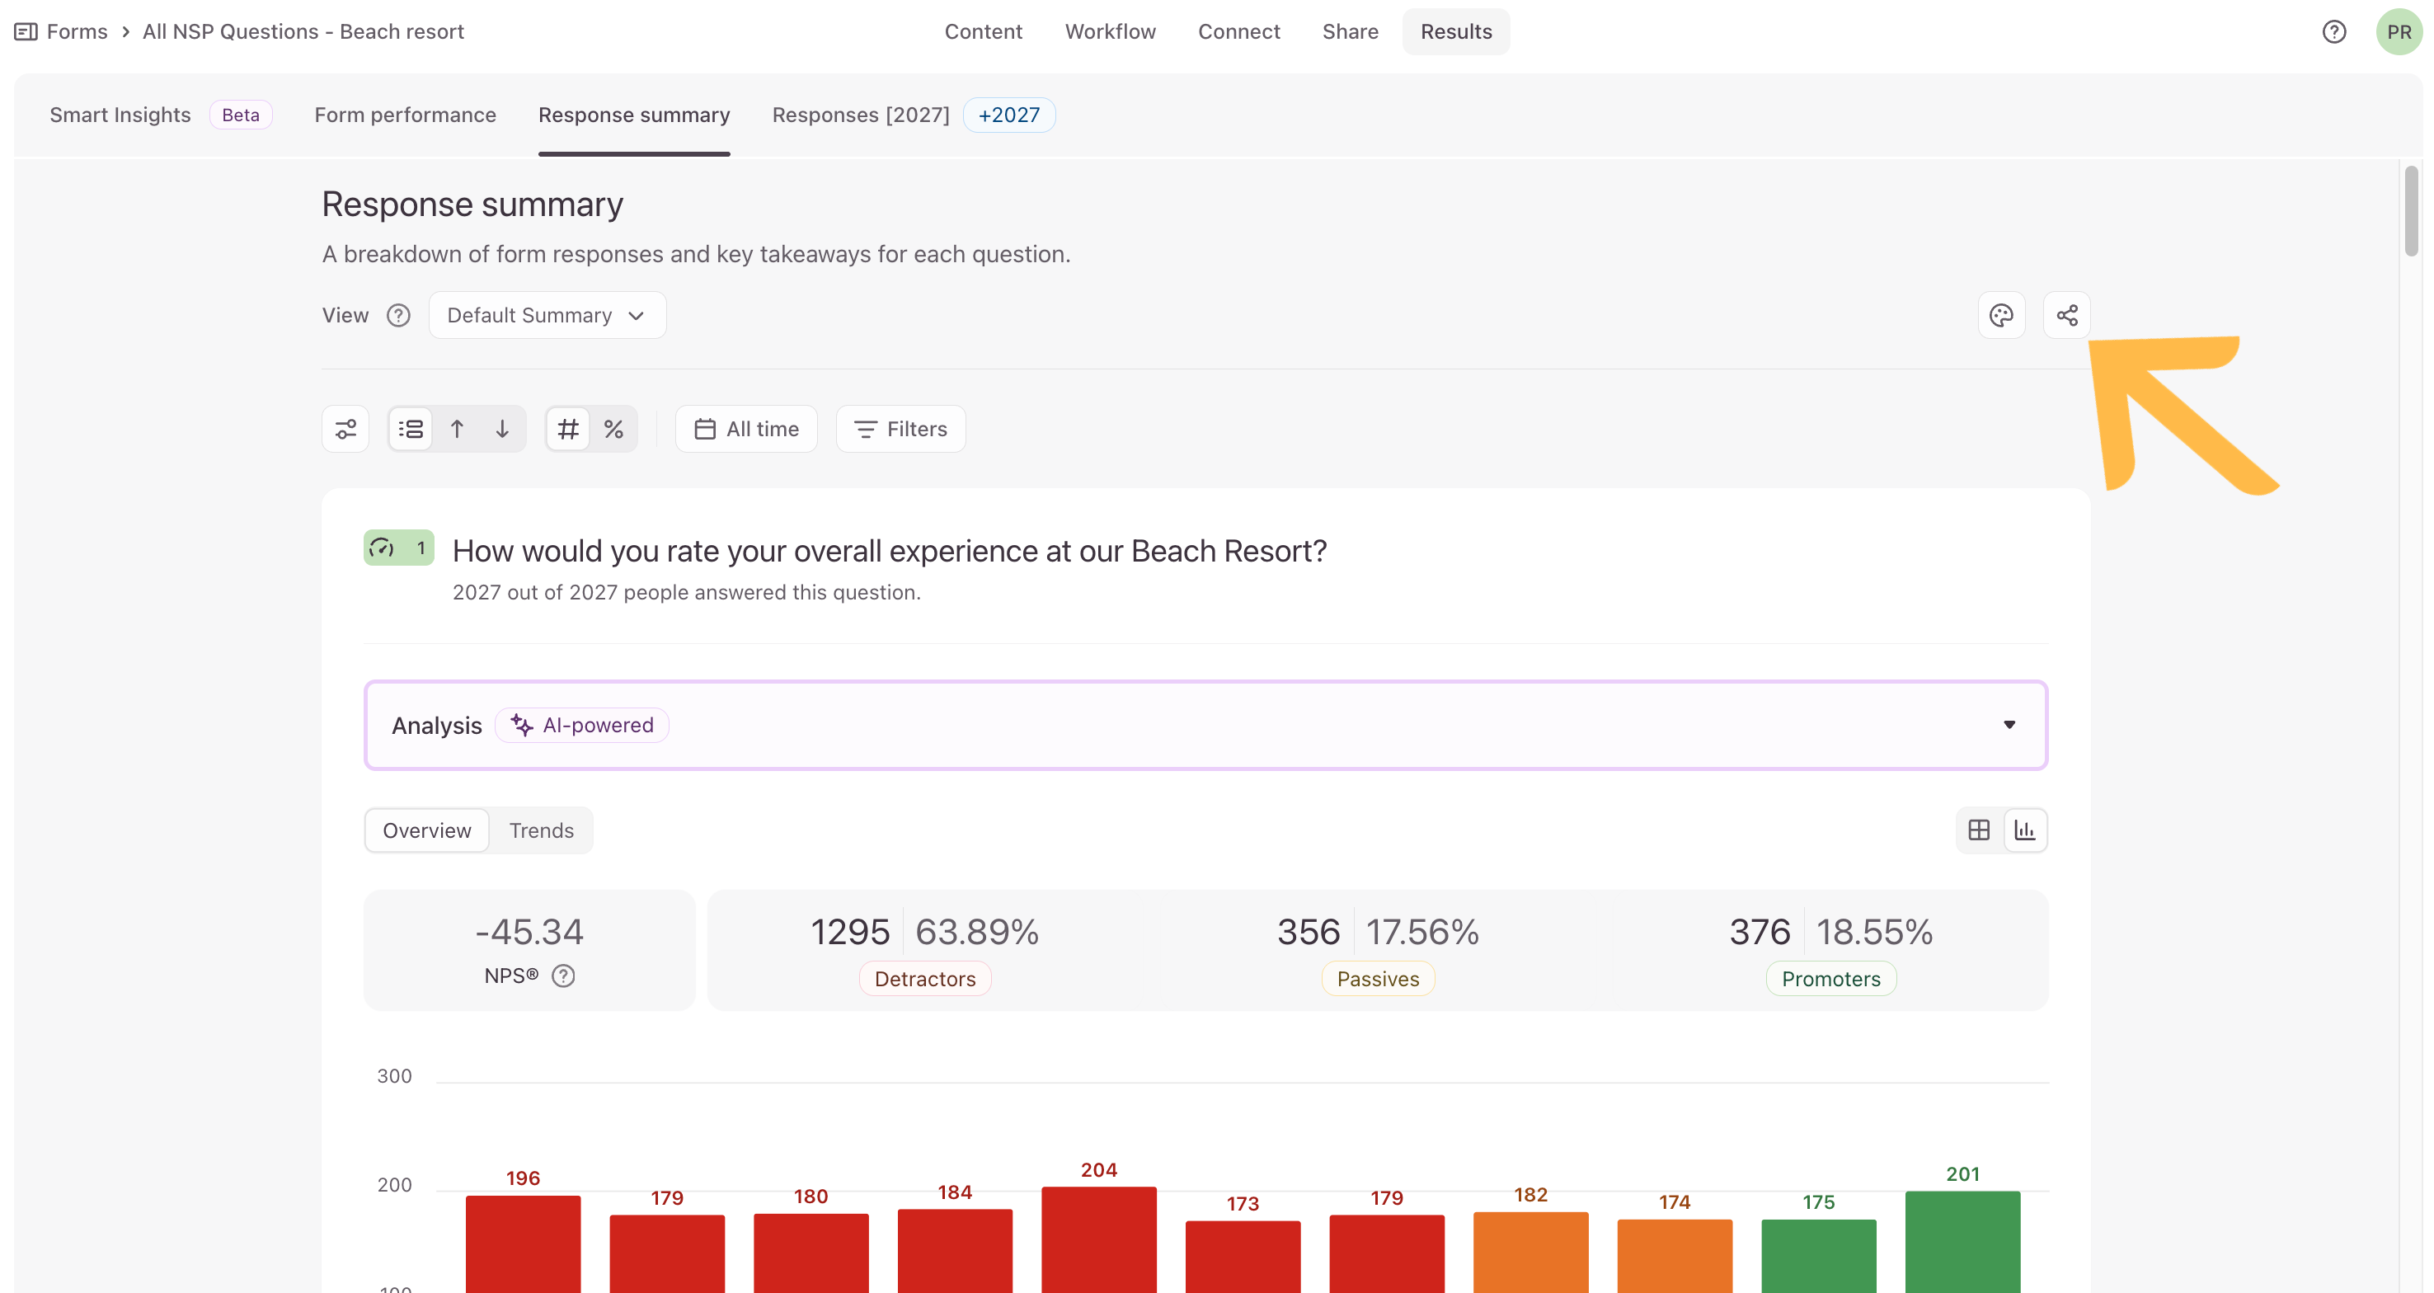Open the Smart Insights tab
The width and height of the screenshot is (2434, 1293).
pos(120,115)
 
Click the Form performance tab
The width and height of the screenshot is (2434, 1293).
pos(406,115)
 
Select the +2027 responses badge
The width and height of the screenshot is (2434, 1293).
pos(1009,115)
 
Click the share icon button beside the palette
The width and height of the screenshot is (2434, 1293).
pos(2066,315)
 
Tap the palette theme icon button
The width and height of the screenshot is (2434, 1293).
pos(2001,315)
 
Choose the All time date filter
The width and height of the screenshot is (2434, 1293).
pos(746,429)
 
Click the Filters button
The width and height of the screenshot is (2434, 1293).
pos(900,429)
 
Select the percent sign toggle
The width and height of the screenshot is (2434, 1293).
pos(614,429)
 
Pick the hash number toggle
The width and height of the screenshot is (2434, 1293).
pos(568,429)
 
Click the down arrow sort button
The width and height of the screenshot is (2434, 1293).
pos(503,429)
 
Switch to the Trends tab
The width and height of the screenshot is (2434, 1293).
pos(542,830)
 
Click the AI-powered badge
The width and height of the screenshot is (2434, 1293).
pos(582,725)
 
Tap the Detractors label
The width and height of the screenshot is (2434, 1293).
pos(925,978)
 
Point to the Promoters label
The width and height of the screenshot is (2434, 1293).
pos(1831,978)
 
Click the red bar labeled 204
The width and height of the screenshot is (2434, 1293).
pos(1099,1239)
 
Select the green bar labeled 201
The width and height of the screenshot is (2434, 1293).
pos(1962,1241)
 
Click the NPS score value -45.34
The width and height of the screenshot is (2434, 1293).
pos(529,932)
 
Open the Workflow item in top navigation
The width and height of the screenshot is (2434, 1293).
pos(1111,31)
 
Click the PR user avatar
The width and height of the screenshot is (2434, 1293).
pos(2398,31)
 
